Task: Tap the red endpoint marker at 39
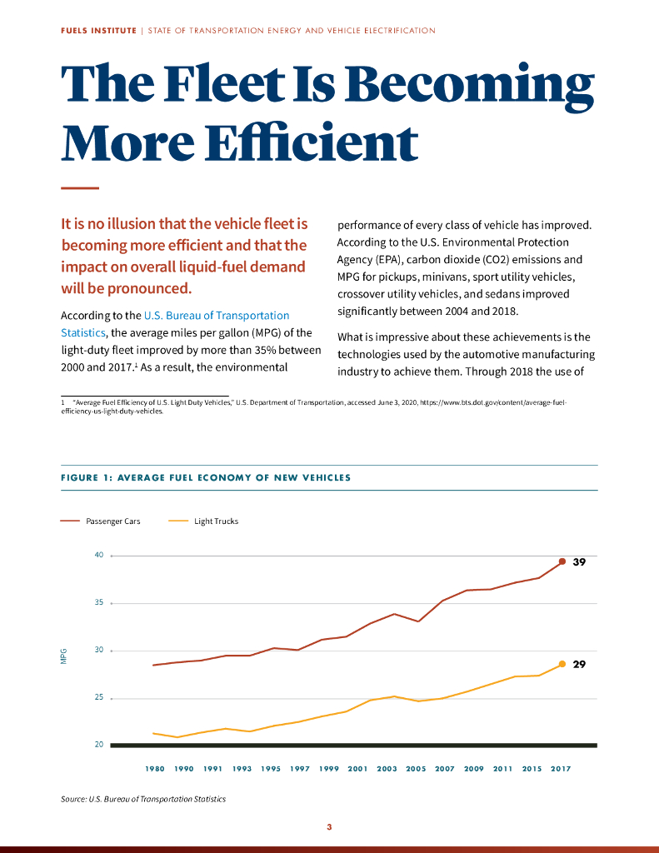pyautogui.click(x=562, y=561)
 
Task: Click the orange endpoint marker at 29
pyautogui.click(x=562, y=664)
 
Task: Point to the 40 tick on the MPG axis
pyautogui.click(x=98, y=555)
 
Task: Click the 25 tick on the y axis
pyautogui.click(x=98, y=697)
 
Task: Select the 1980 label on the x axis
pyautogui.click(x=154, y=769)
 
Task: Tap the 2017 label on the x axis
pyautogui.click(x=560, y=769)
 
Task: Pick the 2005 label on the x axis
pyautogui.click(x=416, y=769)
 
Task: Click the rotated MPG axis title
pyautogui.click(x=63, y=656)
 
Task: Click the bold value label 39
pyautogui.click(x=579, y=562)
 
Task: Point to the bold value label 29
pyautogui.click(x=579, y=665)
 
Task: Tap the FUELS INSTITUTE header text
pyautogui.click(x=98, y=31)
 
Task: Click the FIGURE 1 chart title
pyautogui.click(x=206, y=478)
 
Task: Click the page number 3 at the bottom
pyautogui.click(x=329, y=827)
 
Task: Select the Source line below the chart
pyautogui.click(x=143, y=799)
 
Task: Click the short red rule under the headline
pyautogui.click(x=80, y=187)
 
